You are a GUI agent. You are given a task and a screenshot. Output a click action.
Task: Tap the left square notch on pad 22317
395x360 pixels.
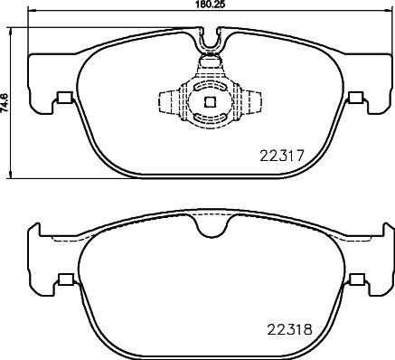coord(63,99)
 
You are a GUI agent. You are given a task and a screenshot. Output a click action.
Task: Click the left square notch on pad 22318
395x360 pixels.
coord(63,279)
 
